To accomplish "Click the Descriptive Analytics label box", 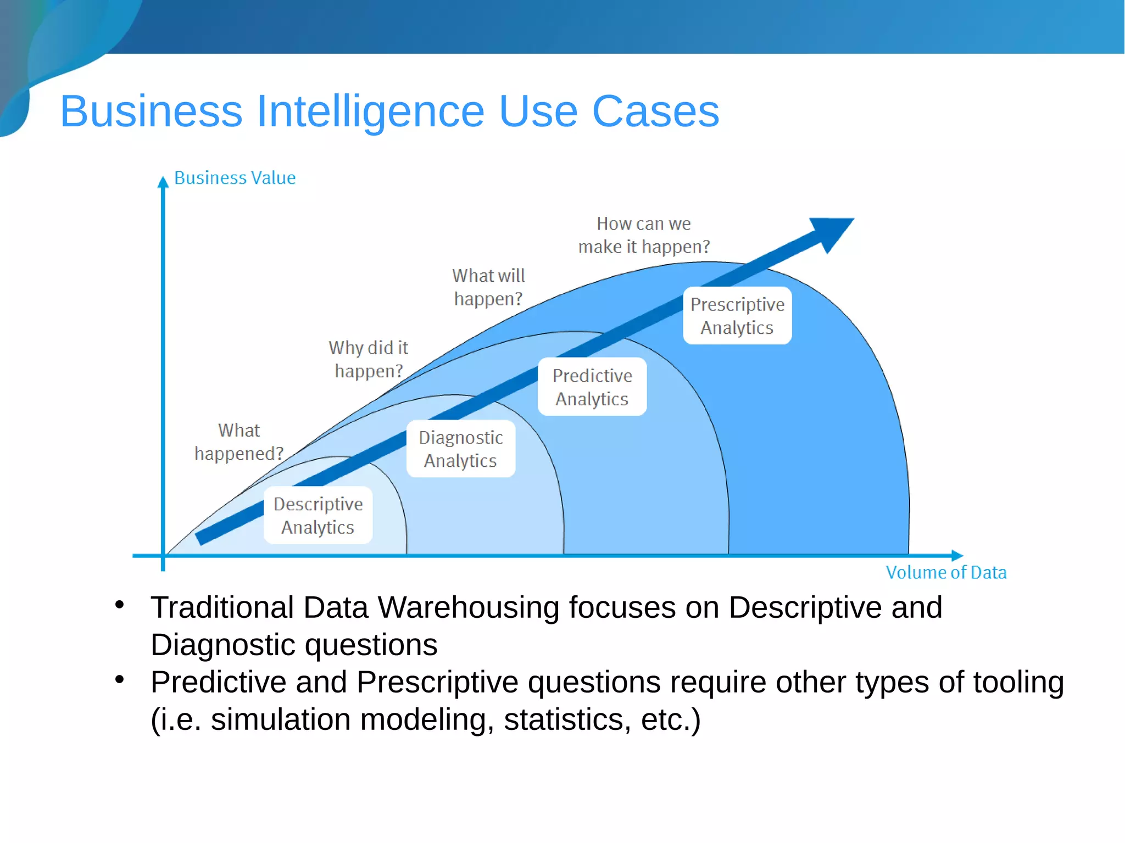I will click(x=318, y=515).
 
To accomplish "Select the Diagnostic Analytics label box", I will click(x=461, y=449).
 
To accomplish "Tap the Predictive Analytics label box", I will click(x=592, y=387).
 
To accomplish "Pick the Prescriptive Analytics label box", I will click(x=737, y=316).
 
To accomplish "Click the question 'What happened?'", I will click(x=239, y=442).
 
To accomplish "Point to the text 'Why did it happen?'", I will click(x=369, y=359).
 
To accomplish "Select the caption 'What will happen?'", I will click(x=488, y=287).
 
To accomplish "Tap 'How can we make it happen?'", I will click(x=644, y=235).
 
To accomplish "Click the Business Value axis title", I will click(x=235, y=178).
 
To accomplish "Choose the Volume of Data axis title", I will click(x=946, y=572).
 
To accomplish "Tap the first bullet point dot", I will click(x=120, y=605).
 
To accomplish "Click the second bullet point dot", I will click(x=120, y=680).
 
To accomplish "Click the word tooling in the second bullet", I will click(x=1018, y=683).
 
